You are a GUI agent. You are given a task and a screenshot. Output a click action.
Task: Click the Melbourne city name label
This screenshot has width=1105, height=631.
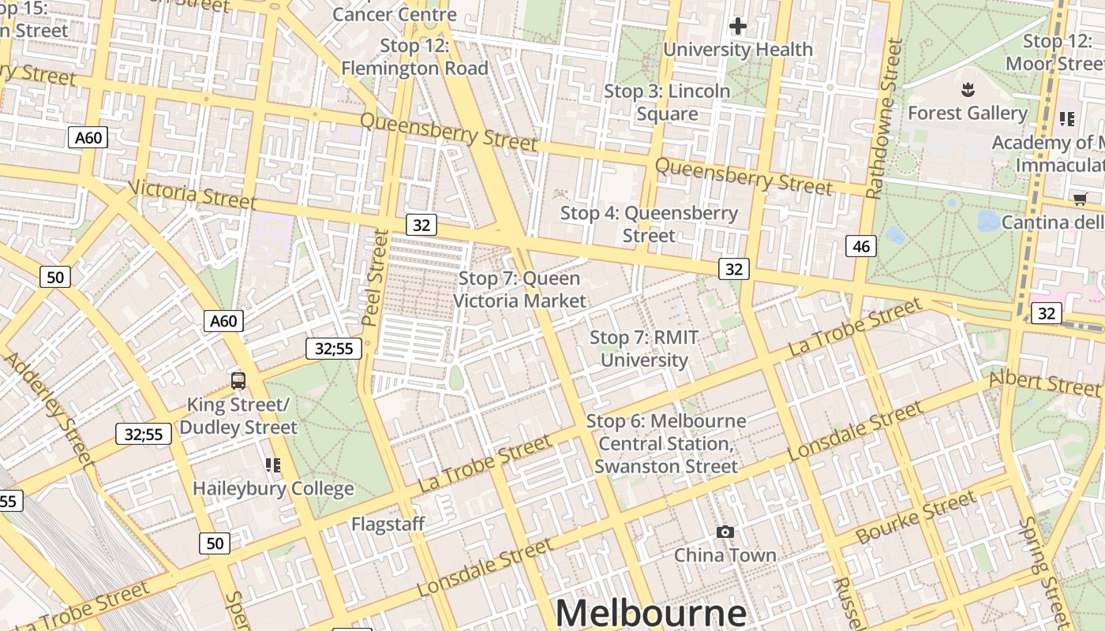(x=651, y=612)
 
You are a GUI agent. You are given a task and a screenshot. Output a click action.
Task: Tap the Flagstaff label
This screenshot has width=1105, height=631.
(x=388, y=524)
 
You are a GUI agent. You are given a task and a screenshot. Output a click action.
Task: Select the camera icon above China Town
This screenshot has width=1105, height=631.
(x=725, y=532)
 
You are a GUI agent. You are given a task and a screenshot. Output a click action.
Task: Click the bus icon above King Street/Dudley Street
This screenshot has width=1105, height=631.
(x=238, y=381)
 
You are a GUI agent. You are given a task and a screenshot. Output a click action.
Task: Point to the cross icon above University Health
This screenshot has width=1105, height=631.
(x=738, y=27)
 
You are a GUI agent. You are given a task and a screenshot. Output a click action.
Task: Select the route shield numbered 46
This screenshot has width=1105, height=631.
(x=861, y=246)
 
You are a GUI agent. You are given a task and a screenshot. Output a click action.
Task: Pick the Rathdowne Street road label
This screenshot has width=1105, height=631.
(x=884, y=118)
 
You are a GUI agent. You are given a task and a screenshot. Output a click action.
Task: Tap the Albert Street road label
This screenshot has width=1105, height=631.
(x=1043, y=383)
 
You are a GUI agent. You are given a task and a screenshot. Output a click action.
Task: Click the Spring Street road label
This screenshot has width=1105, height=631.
(x=1043, y=572)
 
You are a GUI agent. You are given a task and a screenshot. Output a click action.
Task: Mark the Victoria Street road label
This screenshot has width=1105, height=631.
(x=192, y=194)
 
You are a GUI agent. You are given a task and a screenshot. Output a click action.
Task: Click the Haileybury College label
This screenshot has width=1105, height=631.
(x=273, y=488)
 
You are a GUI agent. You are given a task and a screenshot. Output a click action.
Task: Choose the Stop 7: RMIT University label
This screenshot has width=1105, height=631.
(x=644, y=349)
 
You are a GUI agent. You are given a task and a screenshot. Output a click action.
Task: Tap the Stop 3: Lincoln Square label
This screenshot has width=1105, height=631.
(x=667, y=103)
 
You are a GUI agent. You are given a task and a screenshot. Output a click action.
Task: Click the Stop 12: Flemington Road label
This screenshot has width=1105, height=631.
(x=414, y=57)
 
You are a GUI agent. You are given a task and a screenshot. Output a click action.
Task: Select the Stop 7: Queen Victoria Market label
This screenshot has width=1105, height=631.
(x=519, y=289)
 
